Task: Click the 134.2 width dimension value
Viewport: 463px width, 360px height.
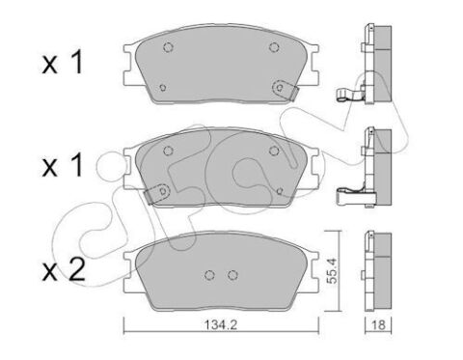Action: (x=221, y=325)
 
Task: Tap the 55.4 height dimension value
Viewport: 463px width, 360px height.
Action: (x=332, y=270)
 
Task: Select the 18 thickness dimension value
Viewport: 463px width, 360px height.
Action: (x=378, y=325)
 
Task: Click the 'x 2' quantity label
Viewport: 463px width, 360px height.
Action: (x=64, y=270)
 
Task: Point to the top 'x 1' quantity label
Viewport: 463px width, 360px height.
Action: (x=63, y=63)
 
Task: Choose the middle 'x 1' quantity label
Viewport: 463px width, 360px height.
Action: (x=63, y=165)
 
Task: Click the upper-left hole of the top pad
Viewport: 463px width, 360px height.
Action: (x=168, y=47)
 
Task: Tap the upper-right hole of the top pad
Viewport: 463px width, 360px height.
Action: (x=274, y=47)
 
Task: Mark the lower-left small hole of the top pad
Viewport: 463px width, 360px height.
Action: (x=163, y=87)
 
